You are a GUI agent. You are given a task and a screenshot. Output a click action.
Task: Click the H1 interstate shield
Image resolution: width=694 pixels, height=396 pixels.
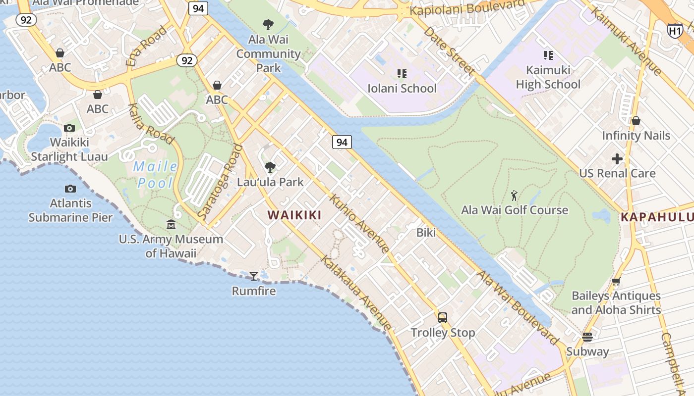pos(675,31)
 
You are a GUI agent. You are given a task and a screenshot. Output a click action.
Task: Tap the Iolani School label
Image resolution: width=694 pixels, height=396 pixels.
pos(402,89)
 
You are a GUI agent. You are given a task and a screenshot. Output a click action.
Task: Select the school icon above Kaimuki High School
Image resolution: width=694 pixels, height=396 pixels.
pos(548,55)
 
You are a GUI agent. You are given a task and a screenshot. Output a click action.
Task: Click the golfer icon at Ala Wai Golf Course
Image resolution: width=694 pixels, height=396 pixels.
pos(514,196)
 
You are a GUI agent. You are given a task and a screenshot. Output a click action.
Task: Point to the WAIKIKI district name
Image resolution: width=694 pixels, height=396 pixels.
pos(294,215)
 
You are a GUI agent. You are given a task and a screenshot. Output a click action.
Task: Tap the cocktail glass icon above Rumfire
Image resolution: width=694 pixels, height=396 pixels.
pos(254,276)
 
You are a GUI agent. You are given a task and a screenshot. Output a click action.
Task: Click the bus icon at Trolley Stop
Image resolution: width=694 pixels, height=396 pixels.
pos(443,318)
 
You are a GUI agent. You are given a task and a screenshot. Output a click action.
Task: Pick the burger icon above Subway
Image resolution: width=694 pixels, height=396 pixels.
pos(587,337)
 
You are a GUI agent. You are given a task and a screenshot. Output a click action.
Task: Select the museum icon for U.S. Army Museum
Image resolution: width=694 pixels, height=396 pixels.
pos(171,225)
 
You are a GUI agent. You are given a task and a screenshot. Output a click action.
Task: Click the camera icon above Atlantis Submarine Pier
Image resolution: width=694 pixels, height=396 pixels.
pos(70,189)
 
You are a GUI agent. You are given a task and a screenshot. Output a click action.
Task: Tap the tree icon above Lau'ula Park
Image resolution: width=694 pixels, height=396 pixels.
pos(270,167)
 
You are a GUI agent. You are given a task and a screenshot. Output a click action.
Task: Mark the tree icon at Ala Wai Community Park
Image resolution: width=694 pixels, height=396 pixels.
pos(268,24)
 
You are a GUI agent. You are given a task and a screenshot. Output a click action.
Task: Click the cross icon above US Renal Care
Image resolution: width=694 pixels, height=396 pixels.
pos(617,159)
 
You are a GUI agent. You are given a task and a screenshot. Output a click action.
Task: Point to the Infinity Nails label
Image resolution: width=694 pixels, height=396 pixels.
pos(636,136)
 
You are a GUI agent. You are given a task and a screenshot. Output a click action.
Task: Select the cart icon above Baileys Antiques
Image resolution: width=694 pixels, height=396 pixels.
pos(616,282)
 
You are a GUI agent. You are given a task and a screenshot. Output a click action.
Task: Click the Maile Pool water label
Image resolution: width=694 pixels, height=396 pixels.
pos(156,175)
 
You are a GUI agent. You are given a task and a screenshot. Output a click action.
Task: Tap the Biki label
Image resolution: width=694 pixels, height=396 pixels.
pos(426,232)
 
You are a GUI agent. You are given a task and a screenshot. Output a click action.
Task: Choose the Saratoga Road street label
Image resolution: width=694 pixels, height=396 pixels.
pos(220,182)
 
